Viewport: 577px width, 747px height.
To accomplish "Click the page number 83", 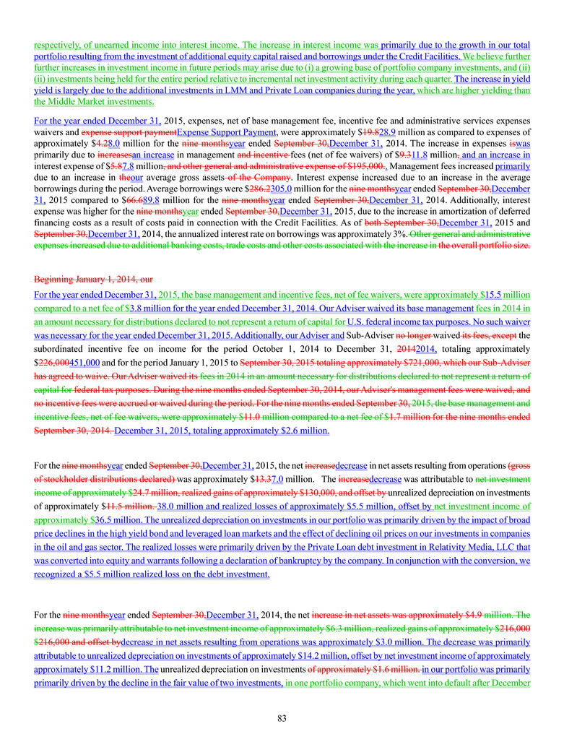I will click(288, 718).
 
